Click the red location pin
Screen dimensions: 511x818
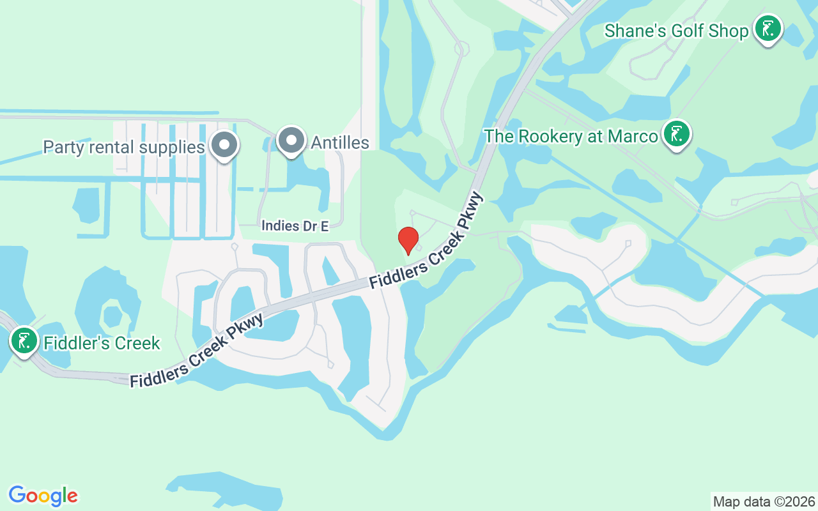408,240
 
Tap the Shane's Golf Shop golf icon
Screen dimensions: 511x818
768,29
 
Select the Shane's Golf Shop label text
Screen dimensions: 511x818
676,31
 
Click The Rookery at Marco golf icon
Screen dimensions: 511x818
676,134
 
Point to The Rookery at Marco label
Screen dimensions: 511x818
571,136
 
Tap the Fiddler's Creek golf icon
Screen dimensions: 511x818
24,341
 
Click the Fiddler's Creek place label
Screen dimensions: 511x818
102,343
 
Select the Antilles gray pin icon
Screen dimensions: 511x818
292,140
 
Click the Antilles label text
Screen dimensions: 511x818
340,142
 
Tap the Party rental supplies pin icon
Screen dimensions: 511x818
224,144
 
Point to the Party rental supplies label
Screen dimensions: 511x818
123,147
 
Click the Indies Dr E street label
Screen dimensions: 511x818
295,226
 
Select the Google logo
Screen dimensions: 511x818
43,496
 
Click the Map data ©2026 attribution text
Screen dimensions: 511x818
764,501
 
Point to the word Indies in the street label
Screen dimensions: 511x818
280,226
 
